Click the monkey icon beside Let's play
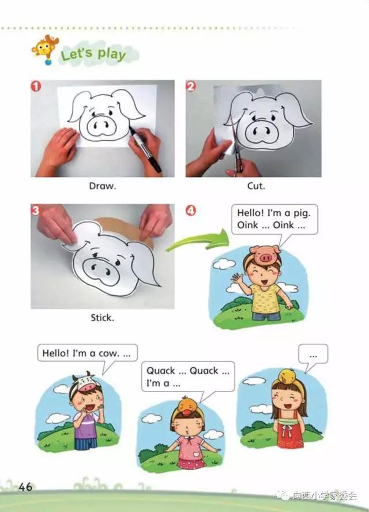point(45,50)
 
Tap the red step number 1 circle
point(36,86)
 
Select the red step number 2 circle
point(191,86)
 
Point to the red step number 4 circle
point(191,210)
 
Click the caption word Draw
point(103,186)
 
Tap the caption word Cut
point(256,186)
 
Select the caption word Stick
point(103,317)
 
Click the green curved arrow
point(199,241)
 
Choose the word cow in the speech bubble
point(109,353)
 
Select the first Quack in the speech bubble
point(161,371)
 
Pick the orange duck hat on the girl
point(187,405)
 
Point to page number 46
point(25,487)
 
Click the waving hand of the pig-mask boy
point(236,279)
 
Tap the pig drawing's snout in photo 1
point(99,125)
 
